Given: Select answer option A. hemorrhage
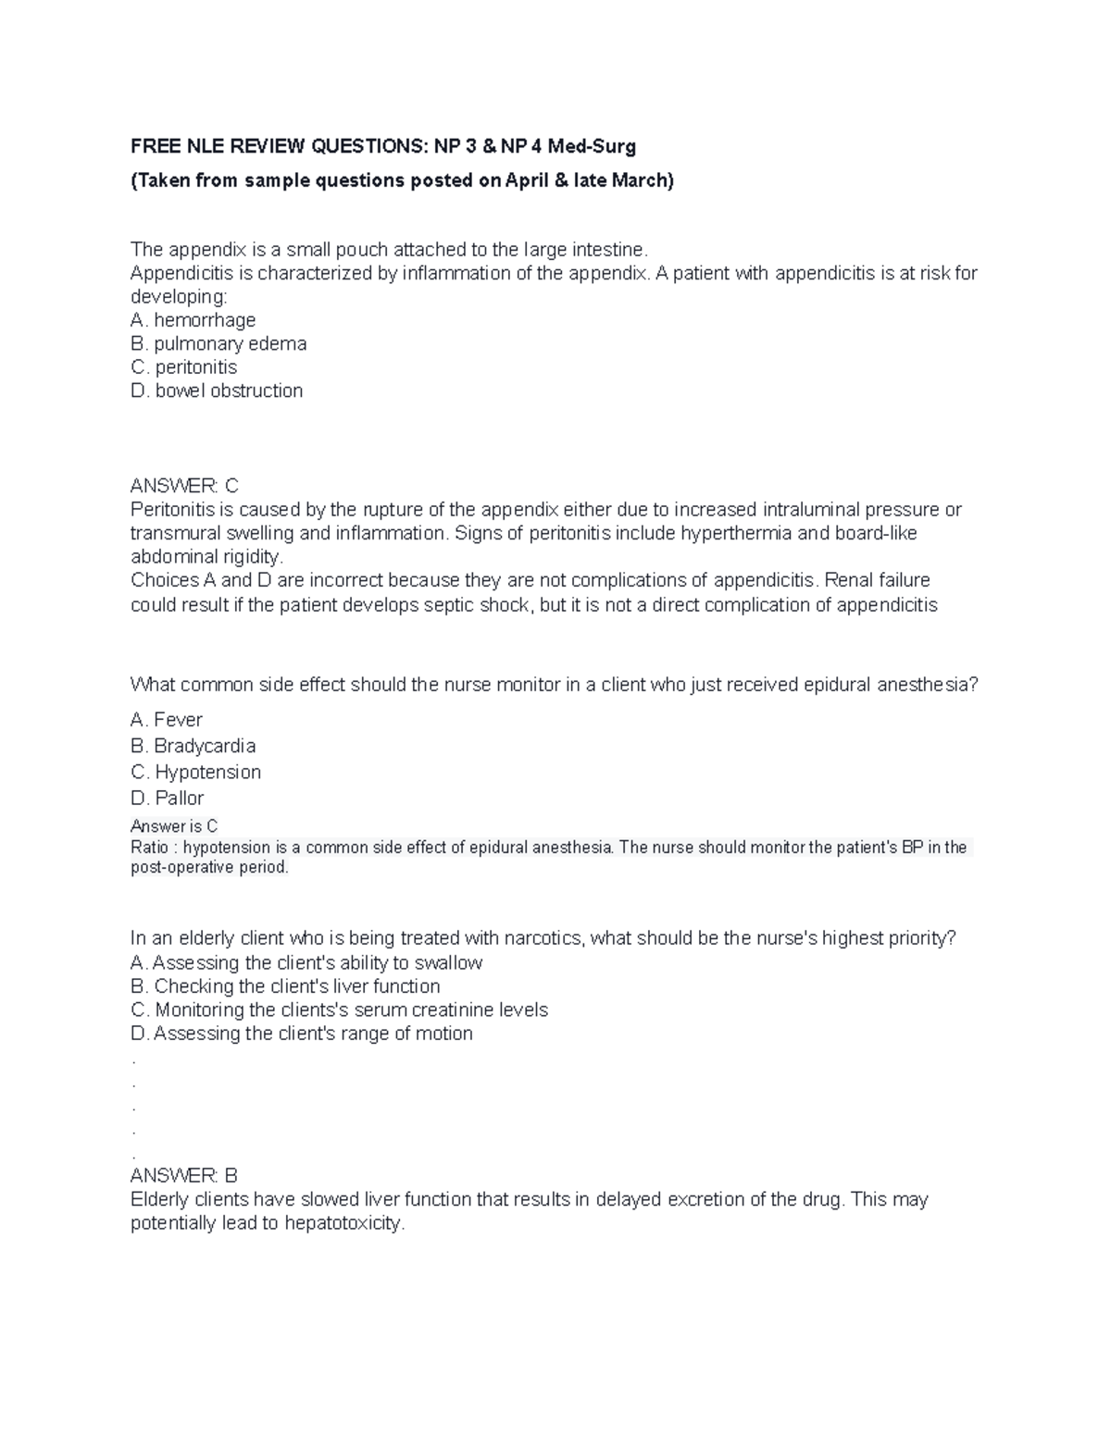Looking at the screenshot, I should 193,320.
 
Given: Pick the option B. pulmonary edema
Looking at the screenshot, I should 218,343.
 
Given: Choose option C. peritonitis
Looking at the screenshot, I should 184,367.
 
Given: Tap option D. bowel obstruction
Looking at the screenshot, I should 217,390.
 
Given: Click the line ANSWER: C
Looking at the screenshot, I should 184,486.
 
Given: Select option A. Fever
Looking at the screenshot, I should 167,720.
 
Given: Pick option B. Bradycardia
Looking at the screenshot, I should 193,746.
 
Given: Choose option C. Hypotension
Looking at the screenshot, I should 196,772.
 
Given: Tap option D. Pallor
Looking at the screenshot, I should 168,798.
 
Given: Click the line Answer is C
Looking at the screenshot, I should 174,826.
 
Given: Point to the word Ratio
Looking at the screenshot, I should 149,848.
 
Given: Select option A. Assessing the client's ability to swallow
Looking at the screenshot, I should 306,963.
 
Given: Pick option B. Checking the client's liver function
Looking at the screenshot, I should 285,986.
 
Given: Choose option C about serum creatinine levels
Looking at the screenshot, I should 339,1010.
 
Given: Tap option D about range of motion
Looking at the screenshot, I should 302,1034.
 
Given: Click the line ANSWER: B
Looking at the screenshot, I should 184,1176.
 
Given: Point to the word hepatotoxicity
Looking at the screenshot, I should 344,1223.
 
